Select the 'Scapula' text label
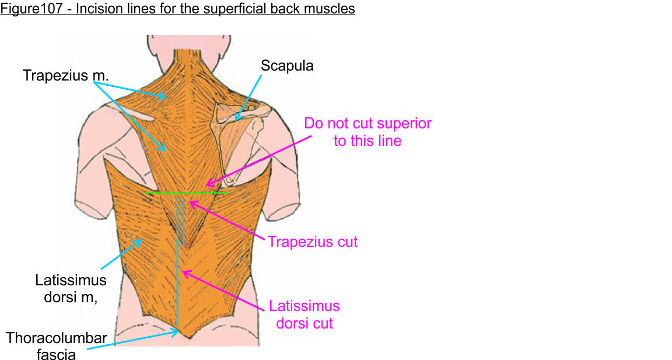pos(287,65)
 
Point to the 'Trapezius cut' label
pos(313,241)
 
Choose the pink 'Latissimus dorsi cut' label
pos(304,314)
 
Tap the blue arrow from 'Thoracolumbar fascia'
pos(134,340)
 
